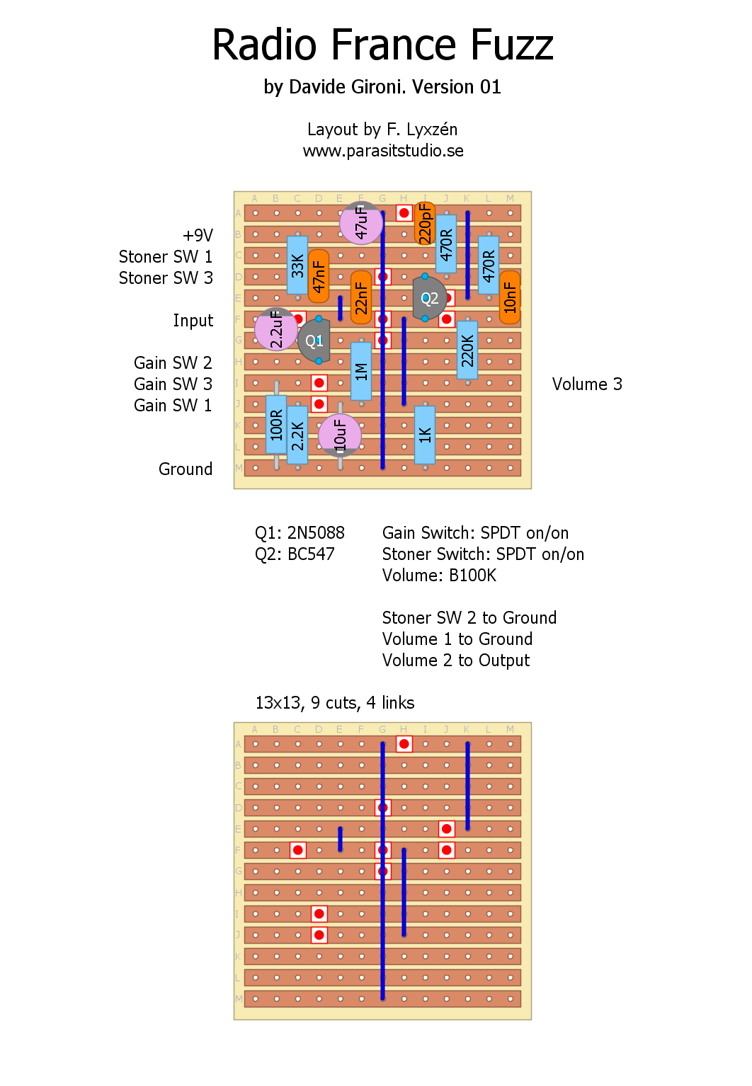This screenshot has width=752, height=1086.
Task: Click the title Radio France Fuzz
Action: (x=382, y=45)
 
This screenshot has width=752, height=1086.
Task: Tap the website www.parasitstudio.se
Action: (x=383, y=151)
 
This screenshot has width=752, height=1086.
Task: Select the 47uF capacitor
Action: (x=361, y=222)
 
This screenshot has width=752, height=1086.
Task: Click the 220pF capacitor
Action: (x=425, y=223)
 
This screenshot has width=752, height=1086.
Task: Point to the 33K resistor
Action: (x=297, y=265)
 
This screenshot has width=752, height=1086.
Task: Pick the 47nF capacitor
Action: (x=319, y=276)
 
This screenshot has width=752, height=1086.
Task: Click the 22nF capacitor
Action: (x=361, y=297)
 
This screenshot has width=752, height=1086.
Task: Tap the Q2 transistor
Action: (x=429, y=298)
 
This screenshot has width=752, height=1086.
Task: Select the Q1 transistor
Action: (x=314, y=341)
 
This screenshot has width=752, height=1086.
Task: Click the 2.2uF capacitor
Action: (x=275, y=329)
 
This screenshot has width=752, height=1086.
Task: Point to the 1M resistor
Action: (x=361, y=372)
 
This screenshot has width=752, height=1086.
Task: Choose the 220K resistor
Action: (x=467, y=350)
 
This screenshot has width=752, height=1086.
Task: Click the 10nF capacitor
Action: (x=510, y=297)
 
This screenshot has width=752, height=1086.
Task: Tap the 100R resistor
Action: (x=276, y=425)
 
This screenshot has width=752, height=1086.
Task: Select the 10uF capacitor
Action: (x=340, y=435)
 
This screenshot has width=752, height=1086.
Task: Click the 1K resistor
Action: (x=425, y=435)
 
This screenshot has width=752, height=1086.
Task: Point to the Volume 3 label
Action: (x=587, y=384)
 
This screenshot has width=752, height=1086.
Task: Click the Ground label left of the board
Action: (x=186, y=469)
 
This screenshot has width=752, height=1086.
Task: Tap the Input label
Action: (x=193, y=321)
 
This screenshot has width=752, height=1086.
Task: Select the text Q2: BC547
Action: (x=295, y=554)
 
